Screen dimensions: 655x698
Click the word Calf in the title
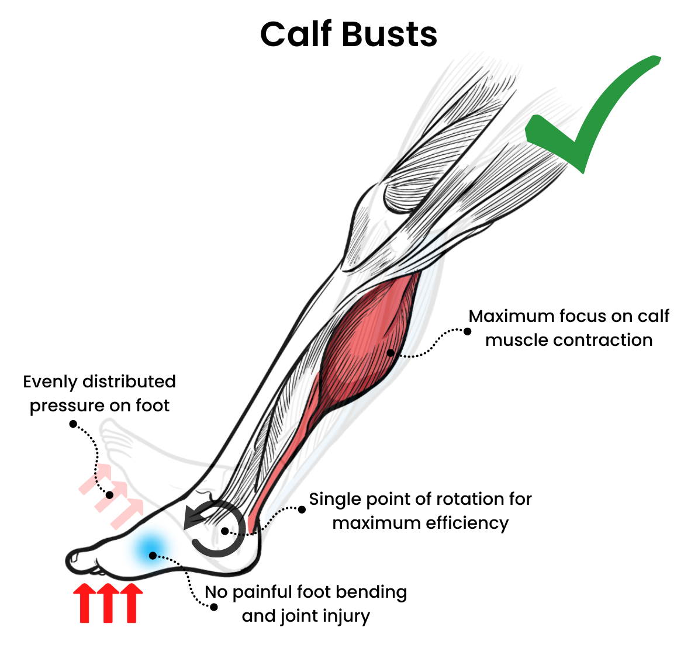[x=297, y=34]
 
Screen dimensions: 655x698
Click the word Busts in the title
[x=390, y=34]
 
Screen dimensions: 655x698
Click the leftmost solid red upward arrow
[x=84, y=603]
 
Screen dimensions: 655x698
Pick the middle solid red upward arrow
[x=108, y=603]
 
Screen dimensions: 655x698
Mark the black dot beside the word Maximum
[x=468, y=331]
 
